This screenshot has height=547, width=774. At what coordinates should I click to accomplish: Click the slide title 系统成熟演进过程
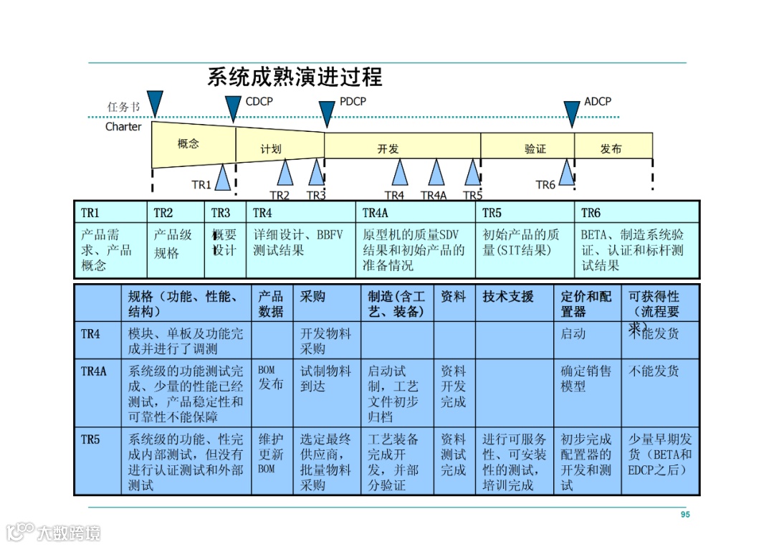click(295, 77)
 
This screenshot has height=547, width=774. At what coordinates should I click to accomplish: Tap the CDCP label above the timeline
click(259, 102)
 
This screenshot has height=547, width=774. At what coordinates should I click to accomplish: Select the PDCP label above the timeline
click(353, 102)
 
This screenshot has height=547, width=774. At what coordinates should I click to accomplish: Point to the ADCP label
click(597, 102)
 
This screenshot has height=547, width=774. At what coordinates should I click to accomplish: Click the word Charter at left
click(123, 127)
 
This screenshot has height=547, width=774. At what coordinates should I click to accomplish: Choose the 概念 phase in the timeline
click(188, 144)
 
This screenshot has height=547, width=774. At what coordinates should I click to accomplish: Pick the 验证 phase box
click(535, 149)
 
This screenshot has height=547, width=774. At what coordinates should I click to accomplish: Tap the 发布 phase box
click(611, 149)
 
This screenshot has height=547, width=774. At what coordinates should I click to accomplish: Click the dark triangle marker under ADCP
click(571, 113)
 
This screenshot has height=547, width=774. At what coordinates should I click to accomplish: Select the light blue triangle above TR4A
click(436, 173)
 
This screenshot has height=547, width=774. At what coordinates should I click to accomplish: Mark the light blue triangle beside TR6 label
click(567, 173)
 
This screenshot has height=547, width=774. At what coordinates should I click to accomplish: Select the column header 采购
click(312, 296)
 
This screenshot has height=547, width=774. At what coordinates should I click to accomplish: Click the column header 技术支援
click(508, 296)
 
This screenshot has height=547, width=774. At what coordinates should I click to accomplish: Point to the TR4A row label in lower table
click(94, 371)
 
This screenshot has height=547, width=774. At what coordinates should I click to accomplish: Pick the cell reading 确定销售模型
click(586, 379)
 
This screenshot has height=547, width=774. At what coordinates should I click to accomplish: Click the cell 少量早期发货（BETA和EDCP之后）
click(660, 455)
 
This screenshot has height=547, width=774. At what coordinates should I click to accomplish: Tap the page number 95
click(685, 515)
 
